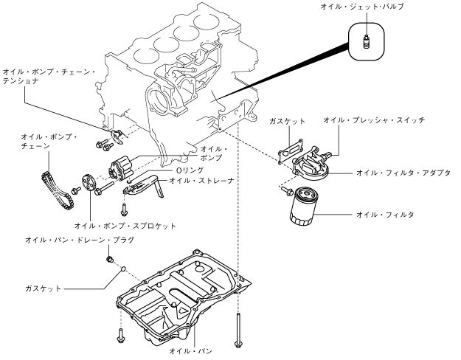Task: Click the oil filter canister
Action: [x=304, y=207]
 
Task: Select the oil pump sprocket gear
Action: [x=89, y=183]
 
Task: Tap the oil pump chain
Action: [x=56, y=190]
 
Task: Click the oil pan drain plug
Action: [x=110, y=260]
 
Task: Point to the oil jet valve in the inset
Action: [x=366, y=42]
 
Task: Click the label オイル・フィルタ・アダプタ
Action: [x=403, y=173]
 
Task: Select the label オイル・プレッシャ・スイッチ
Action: [x=374, y=120]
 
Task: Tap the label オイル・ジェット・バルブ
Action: [x=362, y=7]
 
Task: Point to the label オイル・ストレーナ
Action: [x=201, y=180]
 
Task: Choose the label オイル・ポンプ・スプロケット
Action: [x=125, y=226]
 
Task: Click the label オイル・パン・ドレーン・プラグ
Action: [x=80, y=240]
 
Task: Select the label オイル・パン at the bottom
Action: [x=190, y=350]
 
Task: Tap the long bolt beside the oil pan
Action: [x=238, y=330]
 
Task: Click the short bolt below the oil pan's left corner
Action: [x=120, y=336]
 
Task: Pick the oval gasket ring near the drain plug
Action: [x=123, y=269]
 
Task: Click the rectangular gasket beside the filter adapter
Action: [x=291, y=150]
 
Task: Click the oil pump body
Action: [x=120, y=169]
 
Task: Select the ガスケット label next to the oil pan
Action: [x=44, y=288]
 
